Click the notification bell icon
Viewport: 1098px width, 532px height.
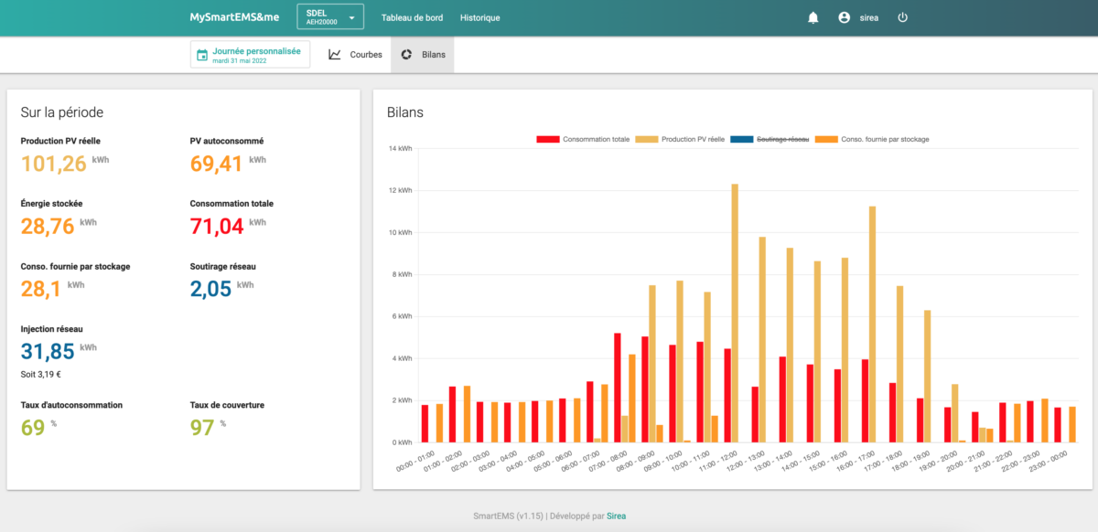point(813,17)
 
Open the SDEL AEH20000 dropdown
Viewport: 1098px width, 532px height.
point(330,17)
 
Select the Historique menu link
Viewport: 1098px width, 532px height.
point(479,17)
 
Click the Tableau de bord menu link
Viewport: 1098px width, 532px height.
point(412,17)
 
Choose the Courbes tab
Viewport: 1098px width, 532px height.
point(355,54)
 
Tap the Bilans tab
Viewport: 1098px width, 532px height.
point(423,54)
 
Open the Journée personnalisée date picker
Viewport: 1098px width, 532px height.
point(250,54)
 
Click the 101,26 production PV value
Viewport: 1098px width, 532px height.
point(53,164)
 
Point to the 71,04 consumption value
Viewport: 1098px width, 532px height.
point(217,227)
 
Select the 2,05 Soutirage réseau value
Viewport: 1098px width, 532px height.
point(210,289)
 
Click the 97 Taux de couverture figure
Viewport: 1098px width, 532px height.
point(202,428)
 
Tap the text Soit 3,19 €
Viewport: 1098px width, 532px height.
point(40,375)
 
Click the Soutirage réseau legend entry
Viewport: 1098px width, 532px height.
point(770,139)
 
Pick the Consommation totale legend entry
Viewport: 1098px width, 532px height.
point(584,139)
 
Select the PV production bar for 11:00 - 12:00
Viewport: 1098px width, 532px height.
point(735,313)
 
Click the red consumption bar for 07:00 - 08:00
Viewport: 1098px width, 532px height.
point(617,388)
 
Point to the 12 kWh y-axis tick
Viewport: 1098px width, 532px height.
point(401,190)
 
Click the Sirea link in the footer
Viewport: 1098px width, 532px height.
point(616,516)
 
